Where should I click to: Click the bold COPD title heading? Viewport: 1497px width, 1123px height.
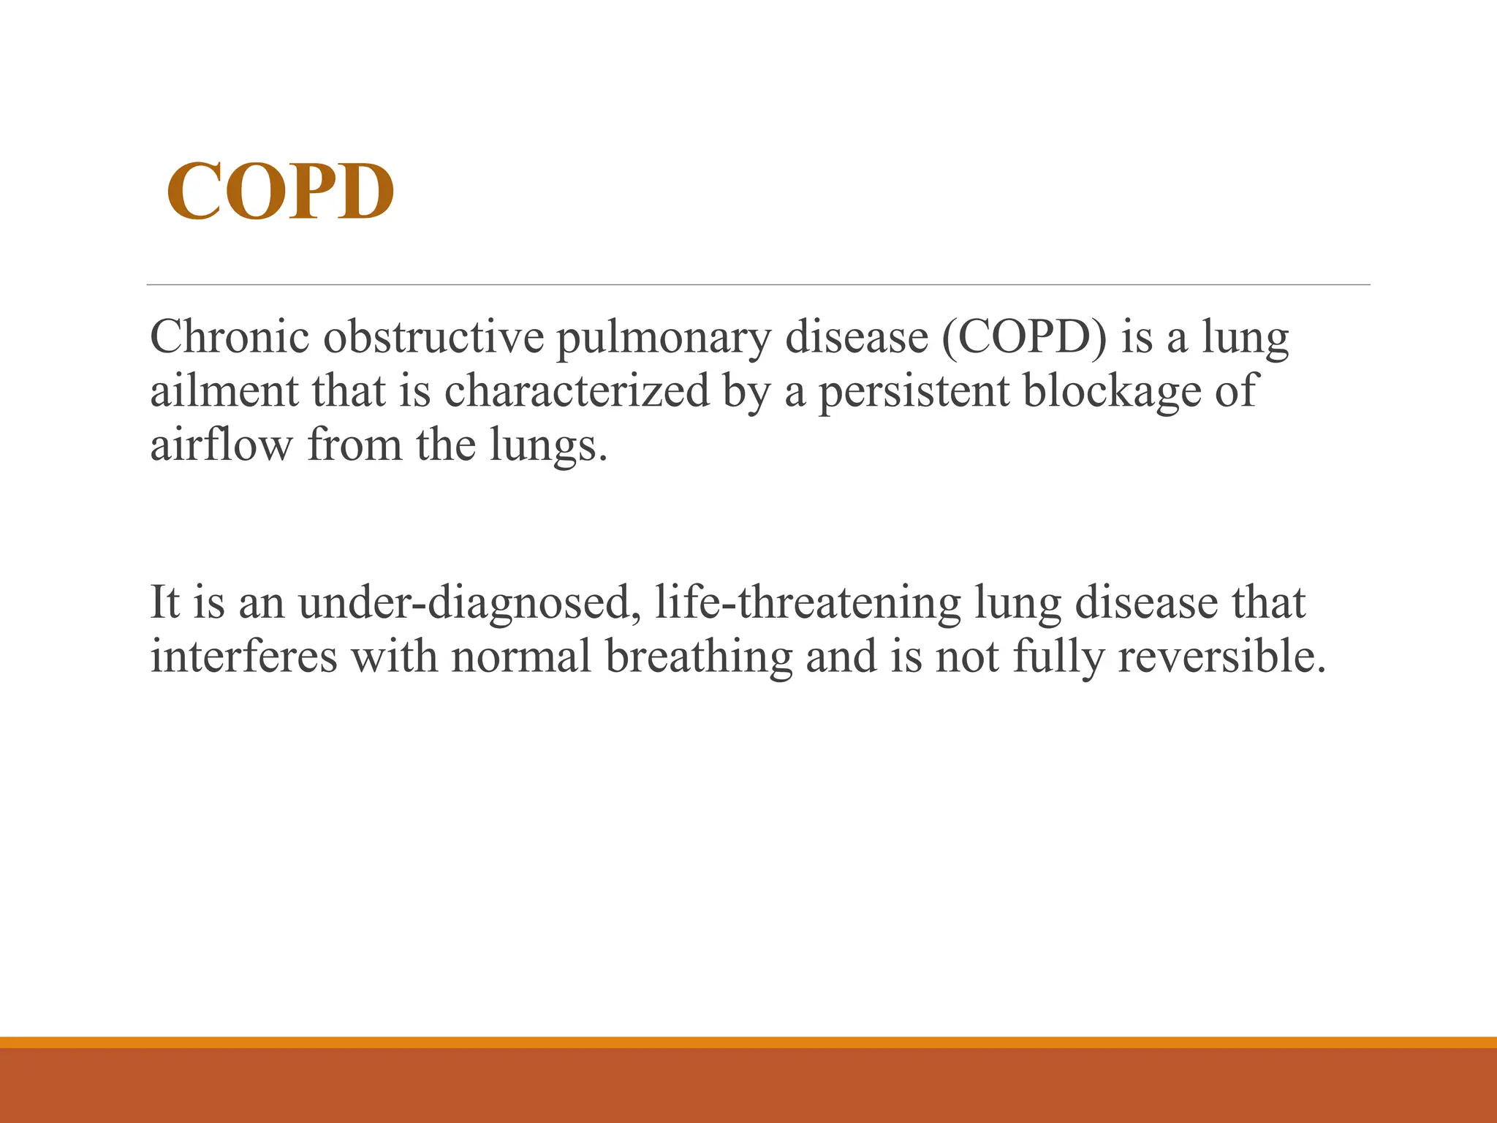pos(281,192)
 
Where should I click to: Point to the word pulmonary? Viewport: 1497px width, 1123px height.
pos(664,339)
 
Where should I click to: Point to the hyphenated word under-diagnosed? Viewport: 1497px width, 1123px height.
pos(465,603)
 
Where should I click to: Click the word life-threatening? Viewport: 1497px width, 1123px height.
pos(808,603)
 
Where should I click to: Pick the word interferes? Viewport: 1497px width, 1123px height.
pos(244,657)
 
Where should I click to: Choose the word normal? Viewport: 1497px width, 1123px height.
pos(520,657)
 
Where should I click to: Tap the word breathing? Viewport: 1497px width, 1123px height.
pos(699,657)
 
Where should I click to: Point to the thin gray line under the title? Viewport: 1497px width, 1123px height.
pos(758,284)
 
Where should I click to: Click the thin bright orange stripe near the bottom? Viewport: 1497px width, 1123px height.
pos(748,1042)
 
